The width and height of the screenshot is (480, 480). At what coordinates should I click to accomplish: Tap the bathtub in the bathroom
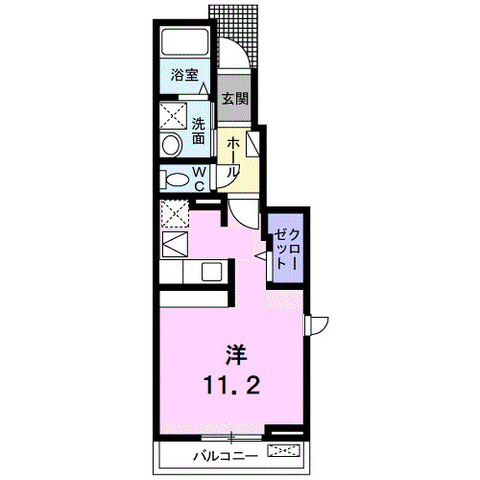coord(185,42)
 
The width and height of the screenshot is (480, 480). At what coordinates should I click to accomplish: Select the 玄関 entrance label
coord(234,98)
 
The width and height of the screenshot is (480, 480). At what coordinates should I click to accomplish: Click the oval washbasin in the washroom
coord(173,146)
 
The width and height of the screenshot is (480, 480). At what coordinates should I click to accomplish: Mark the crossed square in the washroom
coord(173,116)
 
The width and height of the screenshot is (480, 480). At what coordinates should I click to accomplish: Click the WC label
coord(199,178)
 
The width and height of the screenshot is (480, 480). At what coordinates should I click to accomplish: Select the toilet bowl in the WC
coord(177,180)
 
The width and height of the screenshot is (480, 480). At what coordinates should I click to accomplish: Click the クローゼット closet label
coord(288,249)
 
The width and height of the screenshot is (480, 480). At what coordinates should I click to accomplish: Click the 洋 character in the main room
coord(234,353)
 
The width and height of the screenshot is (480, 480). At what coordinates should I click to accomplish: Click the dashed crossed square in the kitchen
coord(174,211)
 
